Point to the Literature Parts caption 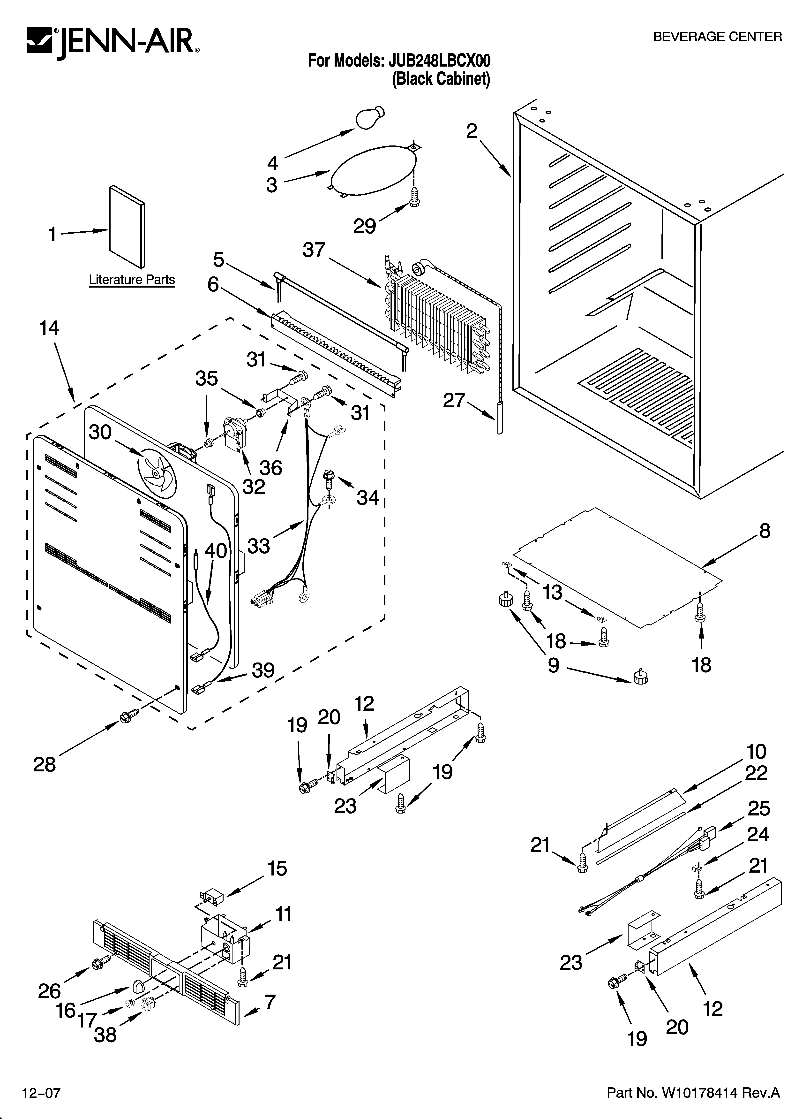[x=132, y=280]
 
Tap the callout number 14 [x=49, y=328]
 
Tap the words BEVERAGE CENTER [x=717, y=37]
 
